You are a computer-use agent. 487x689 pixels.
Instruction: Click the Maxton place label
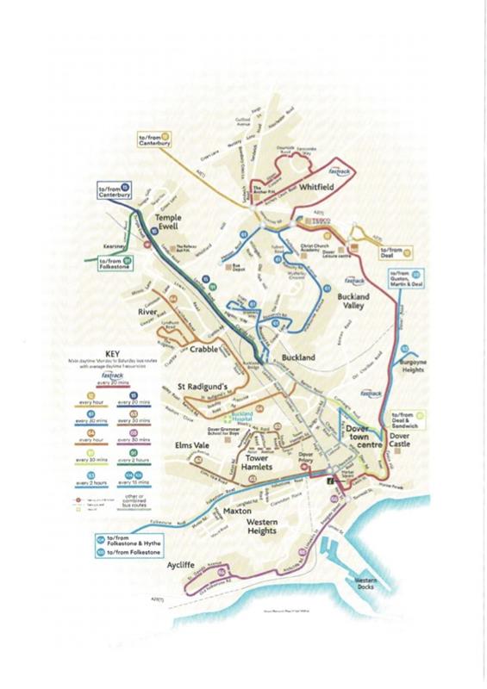tap(237, 512)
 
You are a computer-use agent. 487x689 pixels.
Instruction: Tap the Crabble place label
tap(205, 349)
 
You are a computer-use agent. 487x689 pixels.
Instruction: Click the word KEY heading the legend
tap(115, 353)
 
